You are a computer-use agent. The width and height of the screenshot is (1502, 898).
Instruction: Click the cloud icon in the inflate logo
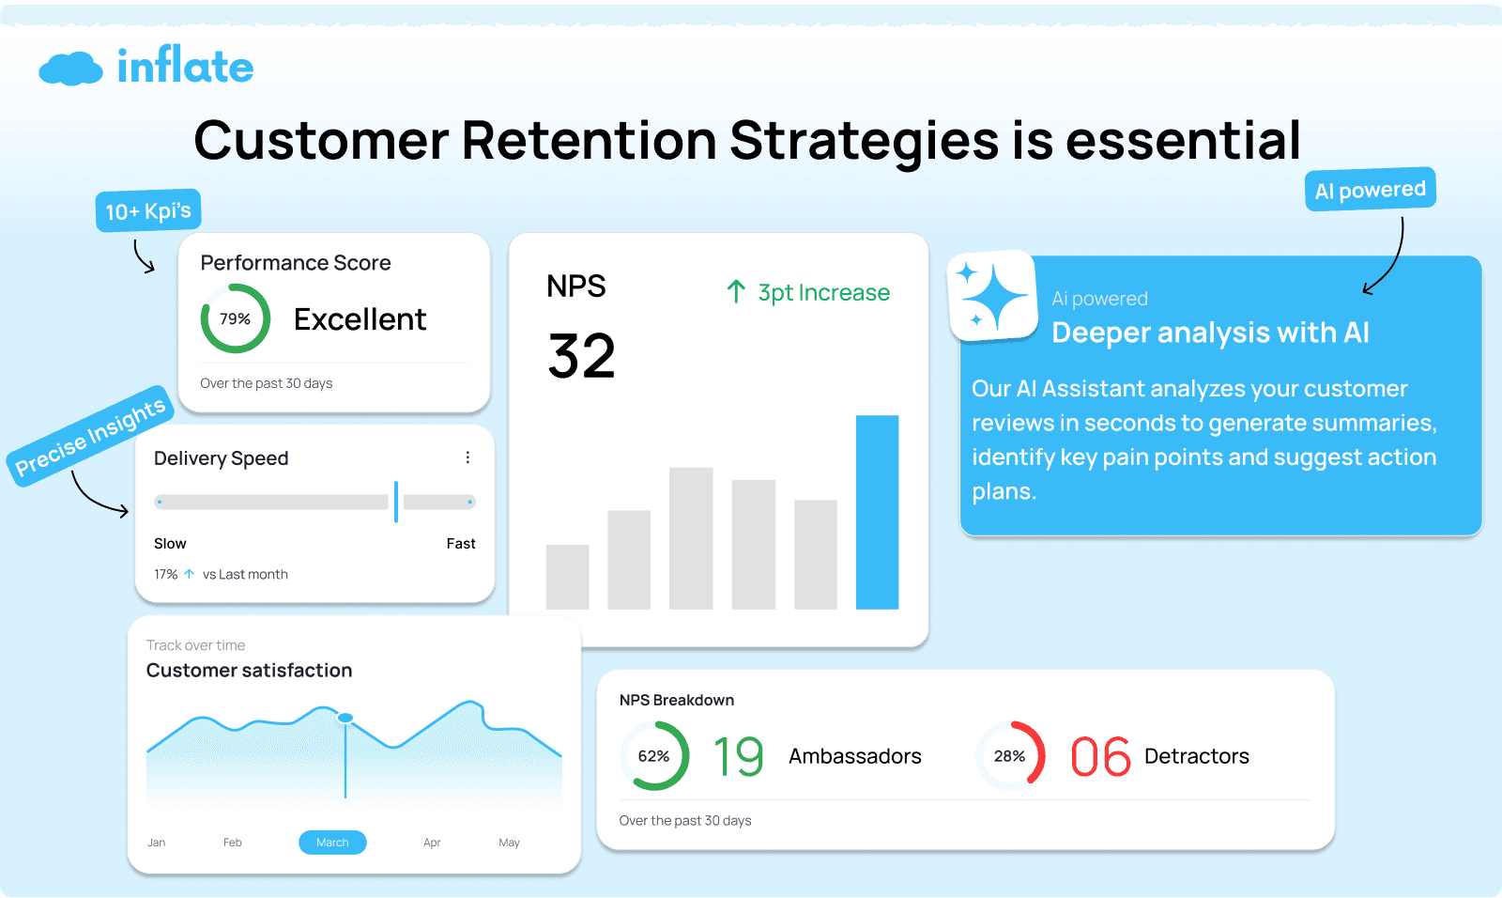(x=70, y=69)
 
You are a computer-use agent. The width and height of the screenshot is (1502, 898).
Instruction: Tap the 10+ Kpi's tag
(x=148, y=210)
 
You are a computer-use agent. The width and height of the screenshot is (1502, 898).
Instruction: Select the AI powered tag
(x=1370, y=190)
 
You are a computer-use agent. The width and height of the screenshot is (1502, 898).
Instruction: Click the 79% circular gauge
(x=236, y=318)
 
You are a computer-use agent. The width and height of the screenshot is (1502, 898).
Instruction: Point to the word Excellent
(x=360, y=319)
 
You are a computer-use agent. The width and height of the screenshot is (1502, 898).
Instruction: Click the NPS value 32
(x=581, y=356)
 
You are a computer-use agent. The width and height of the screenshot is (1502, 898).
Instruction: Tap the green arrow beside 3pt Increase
(x=736, y=292)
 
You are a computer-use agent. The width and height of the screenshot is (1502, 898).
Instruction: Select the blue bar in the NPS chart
(x=877, y=512)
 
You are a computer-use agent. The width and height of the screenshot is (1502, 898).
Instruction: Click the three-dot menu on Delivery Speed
(x=467, y=457)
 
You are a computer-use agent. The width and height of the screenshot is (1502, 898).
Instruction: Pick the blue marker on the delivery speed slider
(x=396, y=502)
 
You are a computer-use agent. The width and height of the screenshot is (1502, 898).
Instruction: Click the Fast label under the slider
(x=460, y=543)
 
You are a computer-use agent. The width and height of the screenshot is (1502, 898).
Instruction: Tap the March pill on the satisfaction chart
(x=332, y=843)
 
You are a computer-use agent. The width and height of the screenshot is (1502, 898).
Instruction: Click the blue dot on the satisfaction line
(x=345, y=718)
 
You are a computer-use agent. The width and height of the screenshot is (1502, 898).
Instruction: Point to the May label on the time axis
(x=509, y=843)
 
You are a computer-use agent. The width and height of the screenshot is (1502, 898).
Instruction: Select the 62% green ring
(x=654, y=755)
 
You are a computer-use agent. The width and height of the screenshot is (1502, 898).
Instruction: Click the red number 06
(x=1100, y=756)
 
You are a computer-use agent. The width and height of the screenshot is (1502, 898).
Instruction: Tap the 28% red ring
(x=1010, y=755)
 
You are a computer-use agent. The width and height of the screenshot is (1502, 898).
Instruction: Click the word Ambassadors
(x=854, y=756)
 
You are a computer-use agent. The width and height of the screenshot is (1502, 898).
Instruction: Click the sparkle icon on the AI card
(x=992, y=296)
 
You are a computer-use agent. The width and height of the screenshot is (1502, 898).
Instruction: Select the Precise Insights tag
(x=90, y=436)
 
